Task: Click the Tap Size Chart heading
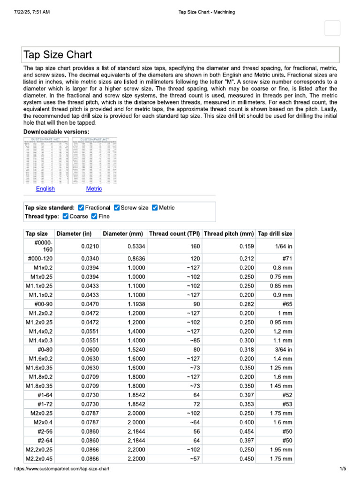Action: coord(58,55)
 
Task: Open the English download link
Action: coord(45,188)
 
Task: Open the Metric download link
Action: coord(94,188)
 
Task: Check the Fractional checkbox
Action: coord(81,208)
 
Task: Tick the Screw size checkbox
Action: coord(117,208)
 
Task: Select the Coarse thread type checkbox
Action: coord(66,216)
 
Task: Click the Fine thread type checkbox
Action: coord(94,216)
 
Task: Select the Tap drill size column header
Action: coord(275,233)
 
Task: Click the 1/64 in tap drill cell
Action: coord(283,246)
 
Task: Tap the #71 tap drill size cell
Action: coord(287,259)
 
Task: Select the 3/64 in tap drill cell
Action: coord(283,349)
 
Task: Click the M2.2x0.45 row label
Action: coord(40,459)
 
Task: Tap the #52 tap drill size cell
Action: coord(287,405)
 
